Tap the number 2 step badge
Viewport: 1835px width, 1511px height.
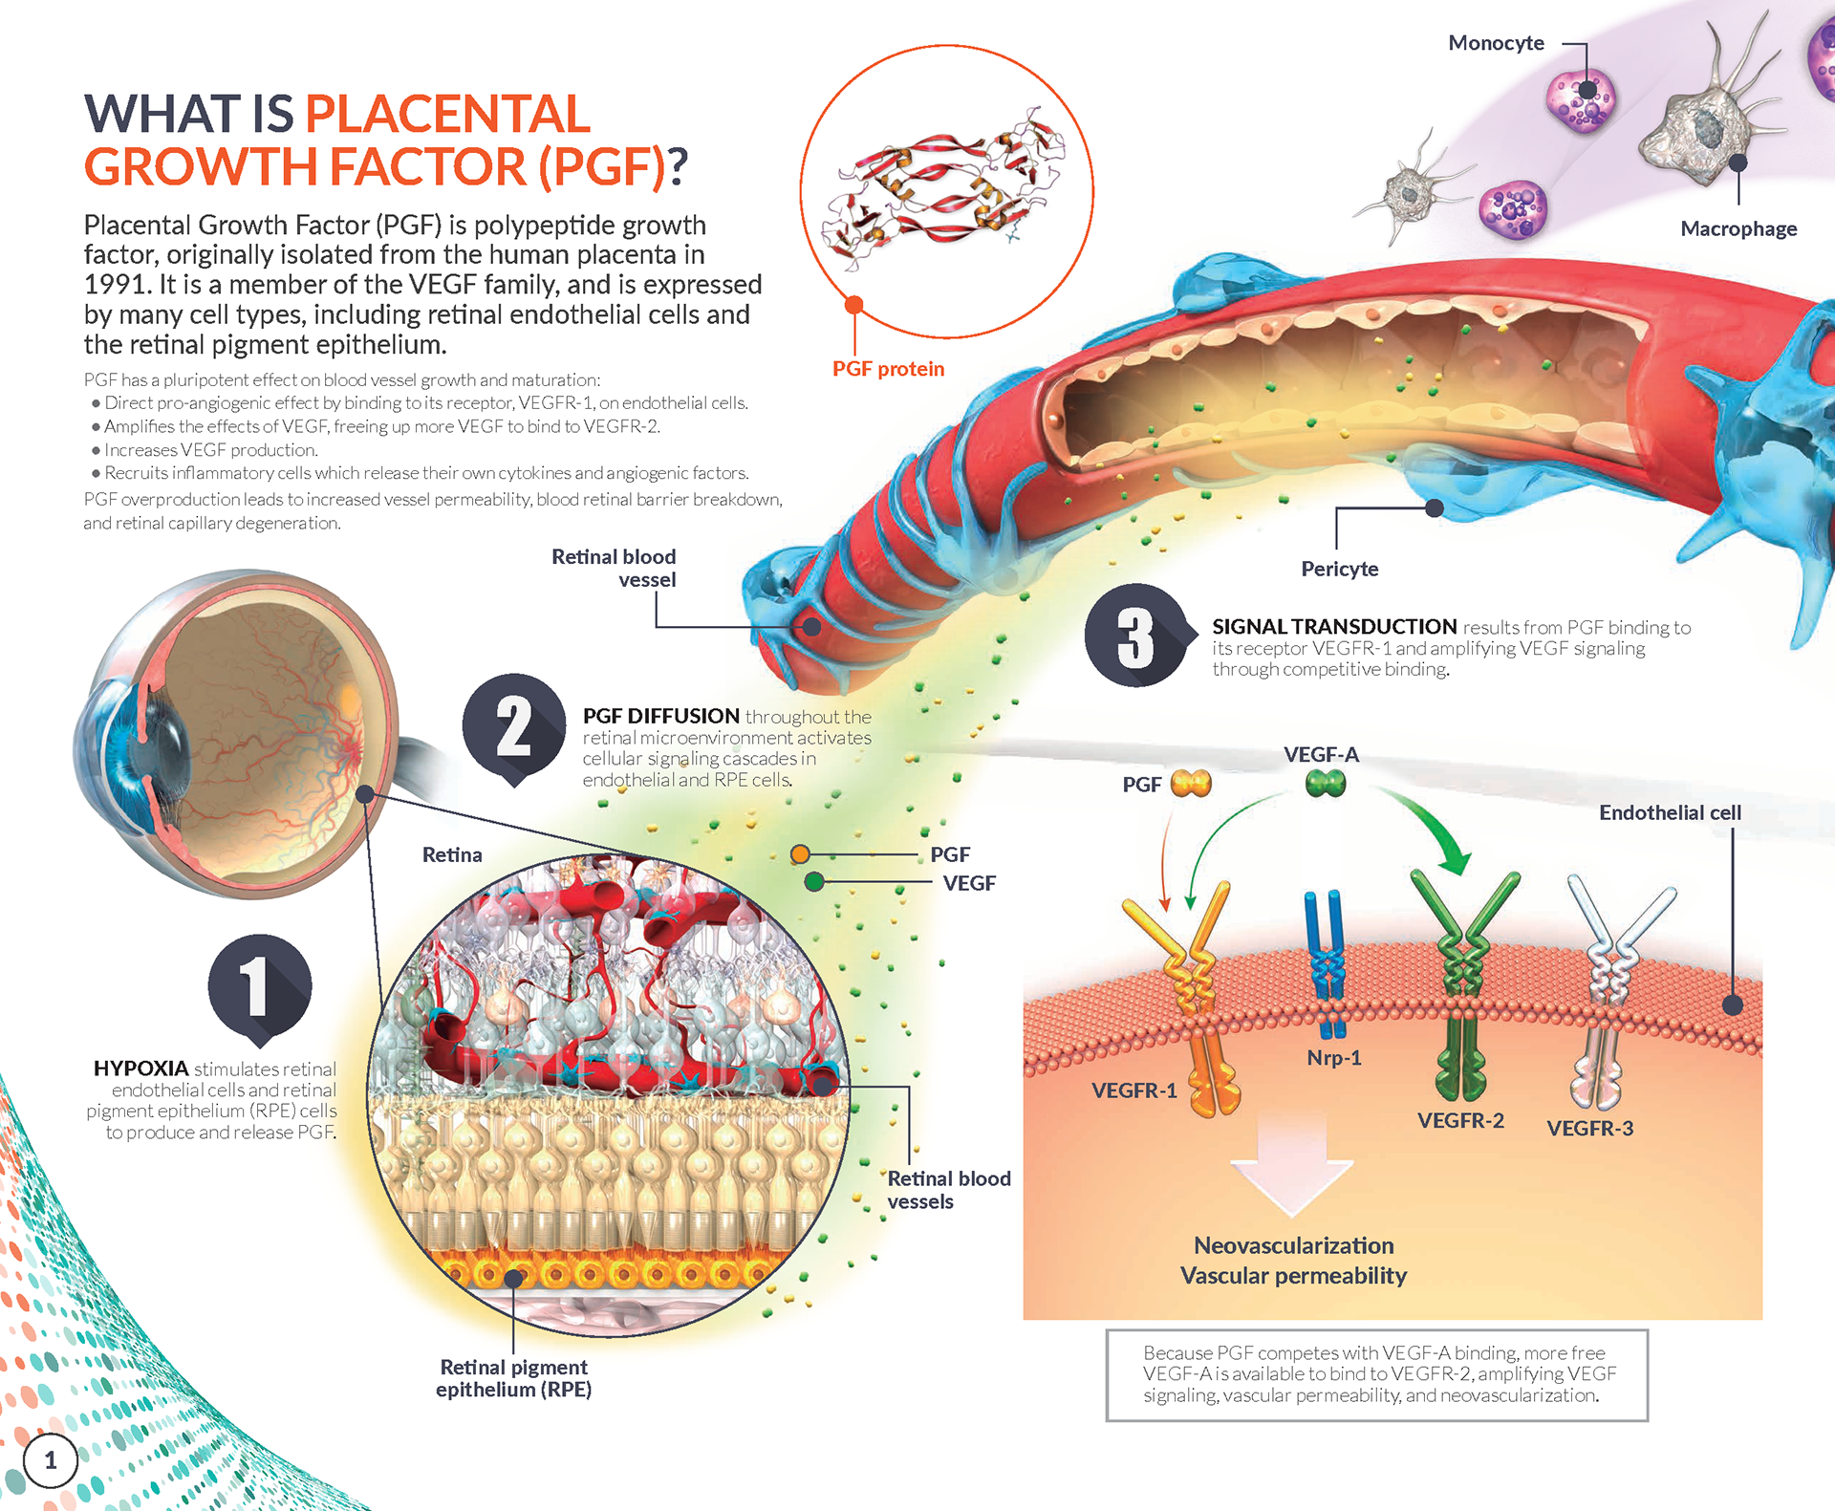[514, 725]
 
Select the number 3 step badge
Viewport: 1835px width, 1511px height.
[1135, 636]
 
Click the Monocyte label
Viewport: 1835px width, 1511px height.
[1496, 43]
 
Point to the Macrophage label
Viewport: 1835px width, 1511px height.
[1738, 228]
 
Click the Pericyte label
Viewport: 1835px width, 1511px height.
[1340, 569]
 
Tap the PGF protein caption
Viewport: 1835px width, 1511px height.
[888, 369]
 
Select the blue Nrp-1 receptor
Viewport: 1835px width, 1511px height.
[1326, 961]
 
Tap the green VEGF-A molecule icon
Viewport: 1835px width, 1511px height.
[1326, 784]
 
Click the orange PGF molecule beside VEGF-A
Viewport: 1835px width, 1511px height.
[1191, 784]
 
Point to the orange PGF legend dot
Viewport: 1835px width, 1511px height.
[800, 854]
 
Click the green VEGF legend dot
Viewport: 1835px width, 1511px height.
[814, 882]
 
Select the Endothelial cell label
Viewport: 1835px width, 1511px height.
[1670, 812]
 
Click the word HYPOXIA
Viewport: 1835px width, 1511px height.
[140, 1068]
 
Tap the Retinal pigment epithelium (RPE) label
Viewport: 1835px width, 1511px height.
[513, 1378]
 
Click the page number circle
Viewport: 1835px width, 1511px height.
[50, 1460]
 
